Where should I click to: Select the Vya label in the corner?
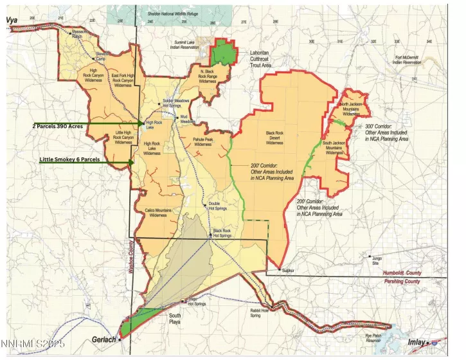[12, 20]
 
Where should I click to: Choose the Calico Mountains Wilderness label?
[157, 213]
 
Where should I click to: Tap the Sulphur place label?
[287, 271]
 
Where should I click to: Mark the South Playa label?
[175, 318]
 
